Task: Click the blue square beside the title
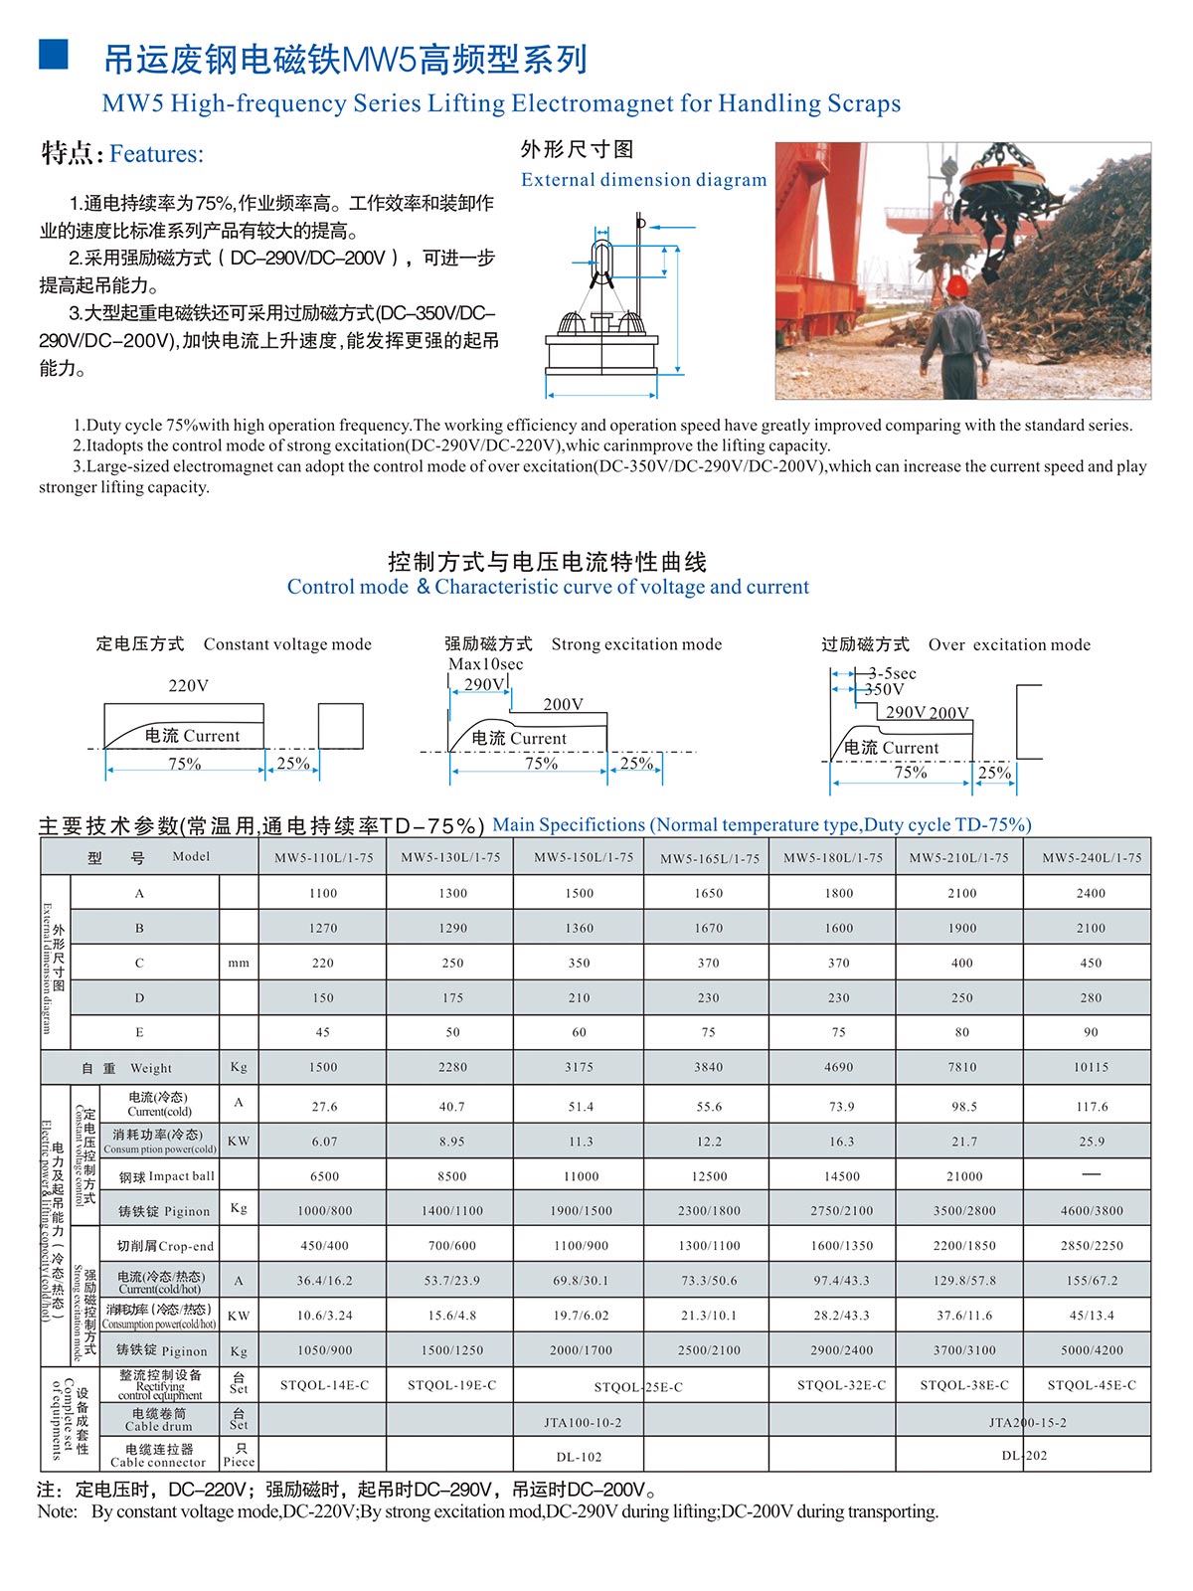coord(54,55)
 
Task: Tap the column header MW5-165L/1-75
coord(709,858)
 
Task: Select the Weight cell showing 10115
coord(1091,1067)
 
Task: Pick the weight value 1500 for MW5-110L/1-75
coord(323,1067)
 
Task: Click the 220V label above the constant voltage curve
coord(188,685)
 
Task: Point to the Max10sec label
coord(485,664)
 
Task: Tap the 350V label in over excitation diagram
coord(884,689)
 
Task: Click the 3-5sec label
coord(892,673)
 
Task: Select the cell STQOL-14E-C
coord(324,1384)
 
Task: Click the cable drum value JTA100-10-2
coord(583,1422)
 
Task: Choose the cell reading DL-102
coord(579,1457)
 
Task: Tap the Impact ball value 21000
coord(963,1176)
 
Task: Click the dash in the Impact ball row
coord(1091,1174)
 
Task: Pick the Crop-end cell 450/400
coord(324,1245)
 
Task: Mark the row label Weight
coord(150,1068)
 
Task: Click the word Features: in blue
coord(156,154)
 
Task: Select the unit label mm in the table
coord(239,963)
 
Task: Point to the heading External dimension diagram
coord(643,180)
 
